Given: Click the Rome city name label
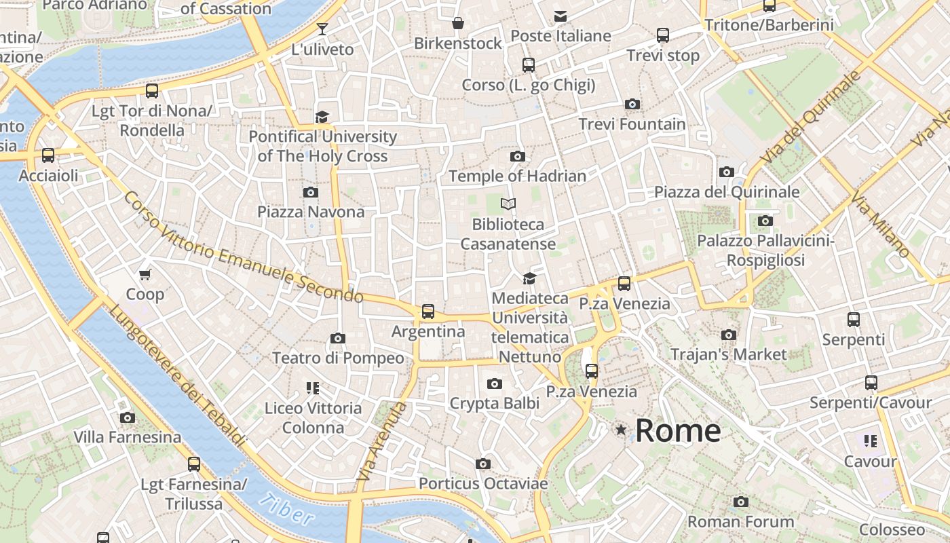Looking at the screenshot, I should pyautogui.click(x=678, y=430).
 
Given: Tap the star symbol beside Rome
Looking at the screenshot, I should pyautogui.click(x=620, y=430).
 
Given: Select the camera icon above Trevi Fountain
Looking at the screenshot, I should pyautogui.click(x=632, y=105).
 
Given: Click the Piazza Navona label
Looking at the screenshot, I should pyautogui.click(x=311, y=212).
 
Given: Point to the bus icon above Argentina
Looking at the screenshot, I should pyautogui.click(x=427, y=312).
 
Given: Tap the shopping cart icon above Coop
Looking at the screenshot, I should pyautogui.click(x=145, y=275).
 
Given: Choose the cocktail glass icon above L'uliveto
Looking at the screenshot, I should pyautogui.click(x=322, y=29).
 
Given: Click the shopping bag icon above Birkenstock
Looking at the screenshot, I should pyautogui.click(x=458, y=24).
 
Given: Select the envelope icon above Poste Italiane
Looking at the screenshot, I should pyautogui.click(x=560, y=16).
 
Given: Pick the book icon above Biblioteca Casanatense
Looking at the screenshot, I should pyautogui.click(x=508, y=204).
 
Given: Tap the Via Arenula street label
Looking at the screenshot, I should pyautogui.click(x=382, y=441).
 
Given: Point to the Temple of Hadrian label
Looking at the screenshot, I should pyautogui.click(x=517, y=176).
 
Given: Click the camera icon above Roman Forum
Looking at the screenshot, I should pyautogui.click(x=740, y=502).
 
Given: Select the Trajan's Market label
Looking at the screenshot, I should pyautogui.click(x=729, y=354).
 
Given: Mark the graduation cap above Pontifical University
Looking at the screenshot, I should pyautogui.click(x=322, y=117).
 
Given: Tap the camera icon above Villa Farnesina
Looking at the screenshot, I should pyautogui.click(x=127, y=417).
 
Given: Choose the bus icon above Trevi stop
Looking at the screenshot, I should pyautogui.click(x=662, y=35).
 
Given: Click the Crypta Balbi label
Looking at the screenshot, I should pyautogui.click(x=495, y=404).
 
